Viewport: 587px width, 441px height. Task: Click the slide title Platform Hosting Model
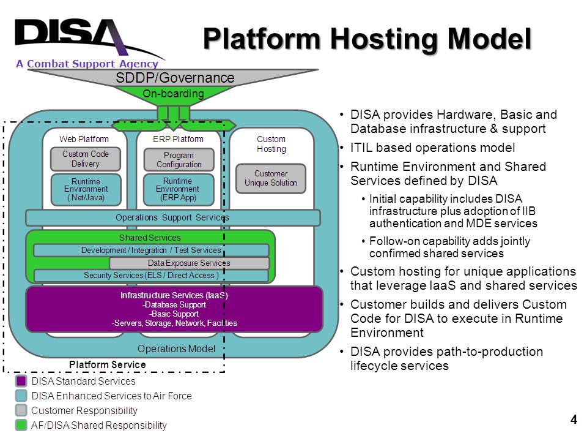367,39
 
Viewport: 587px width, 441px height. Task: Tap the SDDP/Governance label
175,78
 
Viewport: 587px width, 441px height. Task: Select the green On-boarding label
173,93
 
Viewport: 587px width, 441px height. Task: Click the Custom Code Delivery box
86,159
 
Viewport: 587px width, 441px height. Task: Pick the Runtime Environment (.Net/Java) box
86,189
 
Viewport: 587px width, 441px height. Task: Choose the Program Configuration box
179,160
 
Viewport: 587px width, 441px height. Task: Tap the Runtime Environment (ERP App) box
178,189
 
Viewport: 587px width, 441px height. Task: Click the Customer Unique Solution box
271,178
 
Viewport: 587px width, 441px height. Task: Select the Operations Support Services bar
172,218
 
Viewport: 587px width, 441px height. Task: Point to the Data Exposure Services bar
189,263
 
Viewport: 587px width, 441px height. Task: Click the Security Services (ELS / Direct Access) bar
151,276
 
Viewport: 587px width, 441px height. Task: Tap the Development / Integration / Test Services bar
151,250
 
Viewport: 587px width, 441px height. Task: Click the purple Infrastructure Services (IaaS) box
174,309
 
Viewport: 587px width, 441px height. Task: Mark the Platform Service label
108,364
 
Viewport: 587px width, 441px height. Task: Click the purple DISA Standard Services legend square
21,381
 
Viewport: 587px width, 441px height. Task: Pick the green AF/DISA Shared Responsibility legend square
21,425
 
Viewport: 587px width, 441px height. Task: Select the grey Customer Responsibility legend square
21,410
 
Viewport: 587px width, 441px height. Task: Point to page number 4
574,419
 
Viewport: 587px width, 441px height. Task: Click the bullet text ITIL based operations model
432,148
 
